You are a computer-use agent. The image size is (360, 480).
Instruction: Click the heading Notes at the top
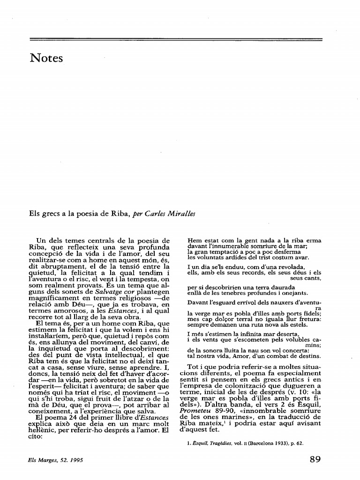point(46,59)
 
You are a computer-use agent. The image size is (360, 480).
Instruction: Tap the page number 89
point(315,459)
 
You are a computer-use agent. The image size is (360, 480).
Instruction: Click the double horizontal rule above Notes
point(176,39)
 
